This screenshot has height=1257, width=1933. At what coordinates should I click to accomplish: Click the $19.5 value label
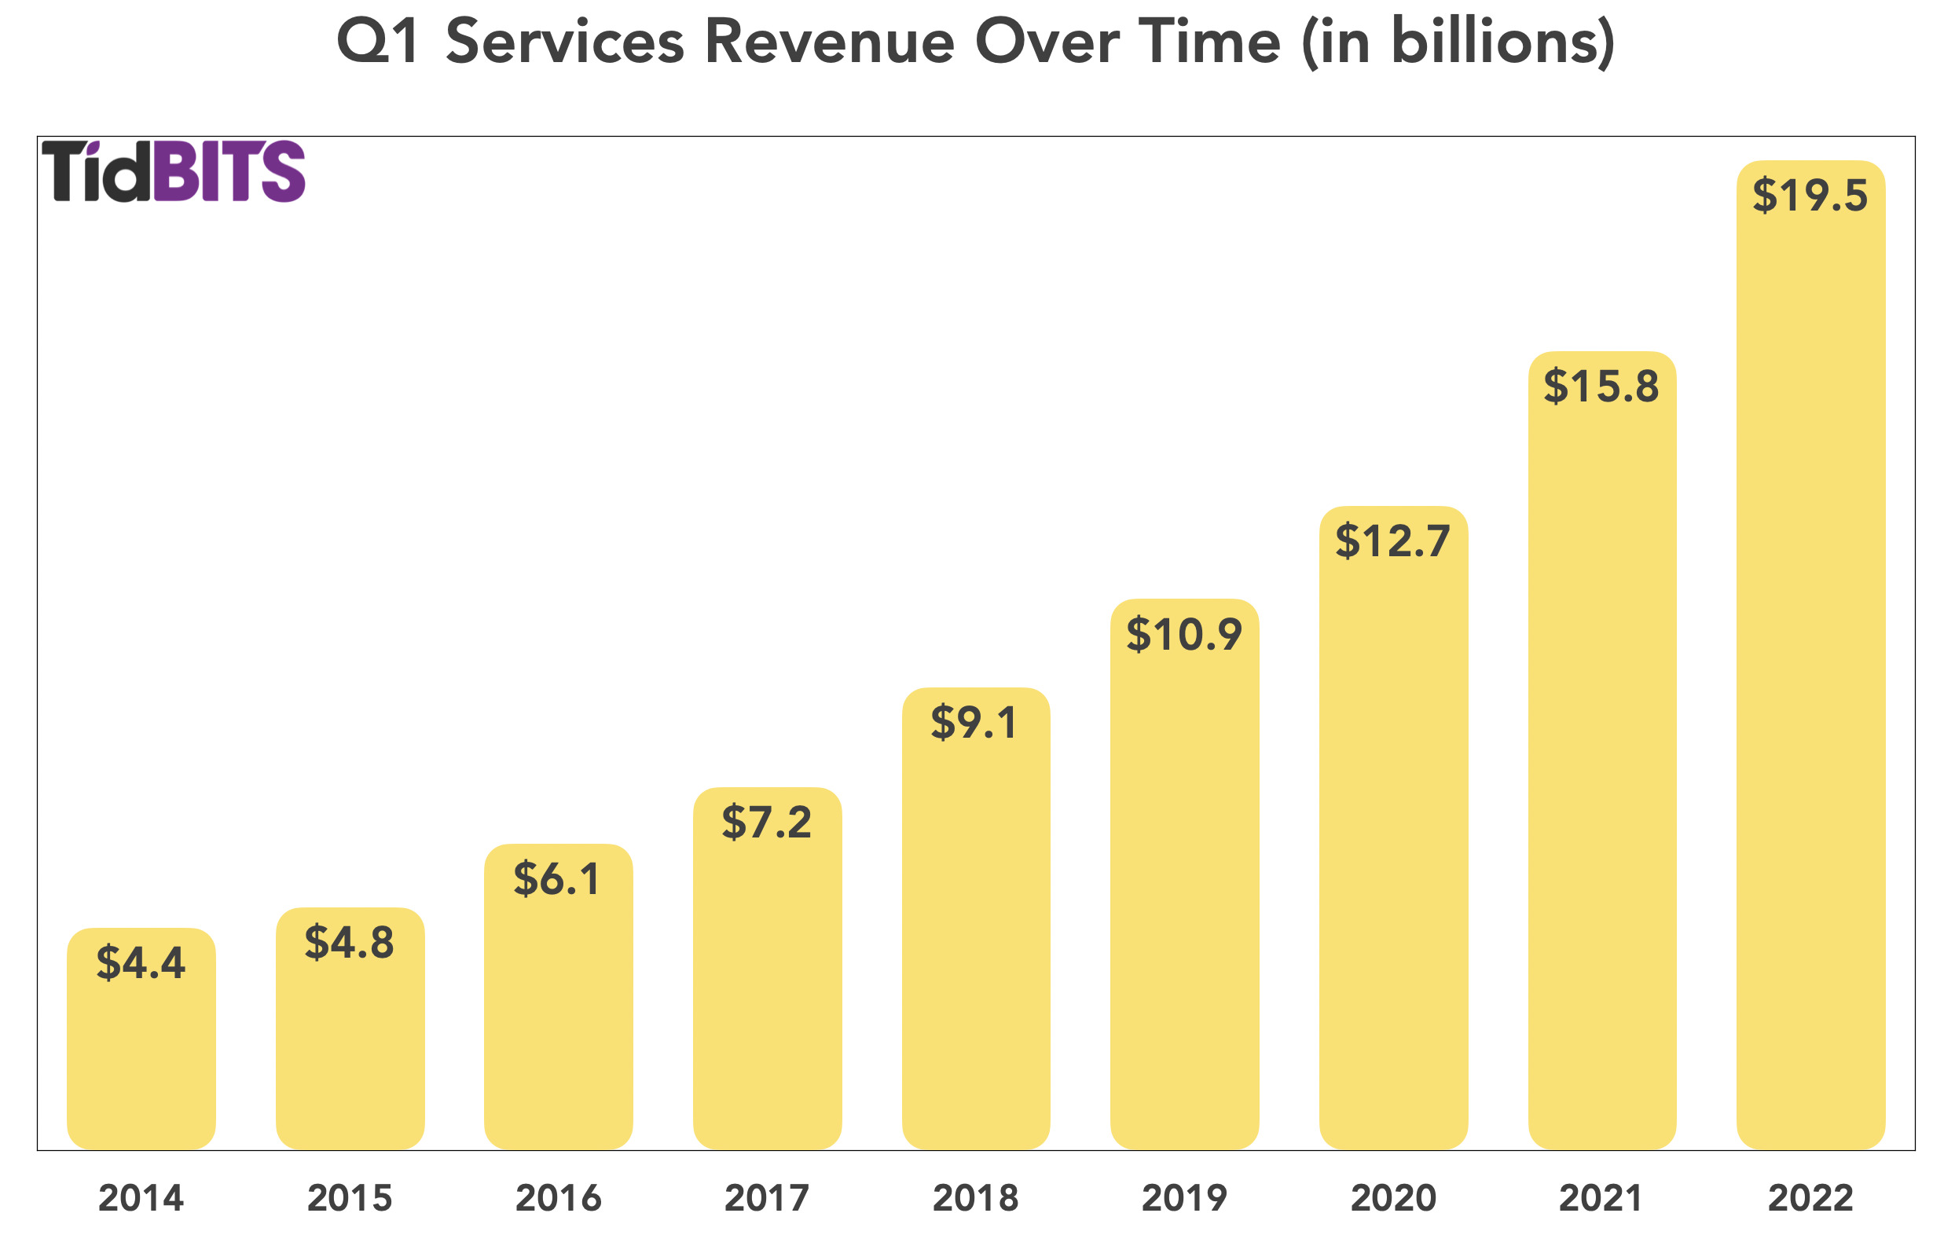click(1810, 196)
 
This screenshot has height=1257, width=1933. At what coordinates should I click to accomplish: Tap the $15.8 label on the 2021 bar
click(1601, 387)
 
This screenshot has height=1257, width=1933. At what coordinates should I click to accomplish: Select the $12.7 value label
click(1393, 541)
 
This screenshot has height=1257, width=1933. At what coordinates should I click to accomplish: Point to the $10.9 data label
click(1184, 635)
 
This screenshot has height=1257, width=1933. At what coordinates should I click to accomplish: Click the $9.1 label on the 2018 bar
click(974, 724)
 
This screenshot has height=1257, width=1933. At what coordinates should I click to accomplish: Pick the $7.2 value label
click(767, 823)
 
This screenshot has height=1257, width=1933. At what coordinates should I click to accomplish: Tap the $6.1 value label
click(558, 879)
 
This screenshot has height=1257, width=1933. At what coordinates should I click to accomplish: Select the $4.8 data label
click(349, 943)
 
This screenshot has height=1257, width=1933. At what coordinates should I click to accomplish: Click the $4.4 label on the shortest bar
click(141, 963)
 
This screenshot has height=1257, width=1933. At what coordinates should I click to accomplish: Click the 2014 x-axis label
click(141, 1199)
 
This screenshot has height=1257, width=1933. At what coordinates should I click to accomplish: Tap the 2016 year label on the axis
click(558, 1199)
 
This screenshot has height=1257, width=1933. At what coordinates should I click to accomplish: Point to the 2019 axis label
click(1184, 1199)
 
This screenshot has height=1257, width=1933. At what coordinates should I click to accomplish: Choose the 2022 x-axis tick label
click(1810, 1199)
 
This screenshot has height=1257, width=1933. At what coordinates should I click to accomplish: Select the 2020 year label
click(1393, 1199)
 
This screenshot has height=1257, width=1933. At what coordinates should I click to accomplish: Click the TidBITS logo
click(174, 171)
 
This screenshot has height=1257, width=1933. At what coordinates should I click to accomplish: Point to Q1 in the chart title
click(379, 42)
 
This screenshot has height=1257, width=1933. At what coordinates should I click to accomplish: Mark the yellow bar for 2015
click(349, 1056)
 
